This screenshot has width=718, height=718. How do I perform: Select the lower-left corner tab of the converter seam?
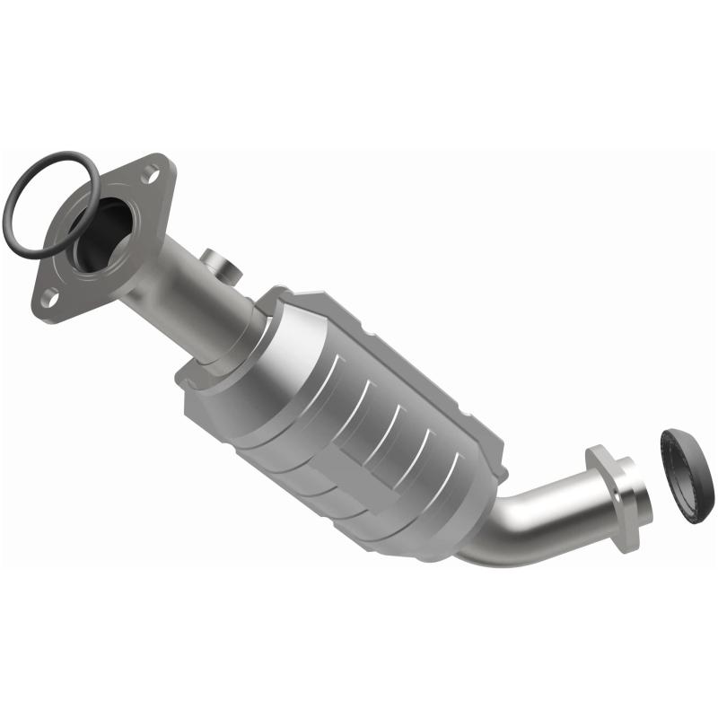(x=188, y=381)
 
